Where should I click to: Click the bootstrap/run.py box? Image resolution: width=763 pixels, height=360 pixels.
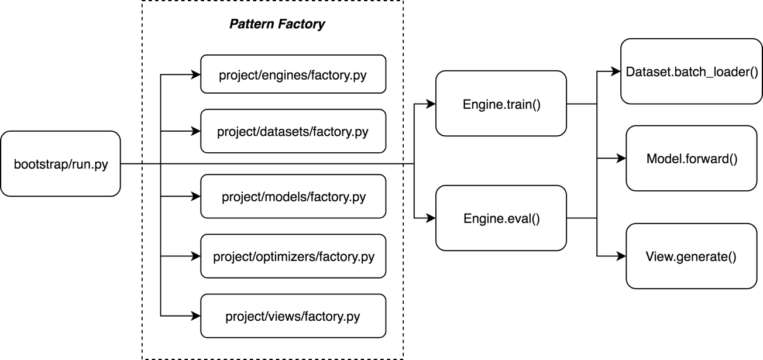click(60, 164)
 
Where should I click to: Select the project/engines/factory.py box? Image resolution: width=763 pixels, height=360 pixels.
click(293, 74)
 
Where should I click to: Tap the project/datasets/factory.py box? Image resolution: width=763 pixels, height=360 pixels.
click(293, 131)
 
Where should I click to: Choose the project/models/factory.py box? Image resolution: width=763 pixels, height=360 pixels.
click(293, 196)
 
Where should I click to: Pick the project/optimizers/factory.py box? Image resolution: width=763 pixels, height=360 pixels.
click(293, 256)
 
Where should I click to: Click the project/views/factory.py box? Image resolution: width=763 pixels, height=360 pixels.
click(293, 316)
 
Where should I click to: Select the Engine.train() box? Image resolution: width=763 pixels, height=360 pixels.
click(501, 104)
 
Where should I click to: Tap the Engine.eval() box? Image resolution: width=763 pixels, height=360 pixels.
click(501, 218)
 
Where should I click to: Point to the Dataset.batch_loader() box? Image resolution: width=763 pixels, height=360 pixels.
click(692, 71)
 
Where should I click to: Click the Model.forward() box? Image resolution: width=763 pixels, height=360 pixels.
click(692, 158)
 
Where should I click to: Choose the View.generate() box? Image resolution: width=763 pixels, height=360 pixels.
click(692, 256)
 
